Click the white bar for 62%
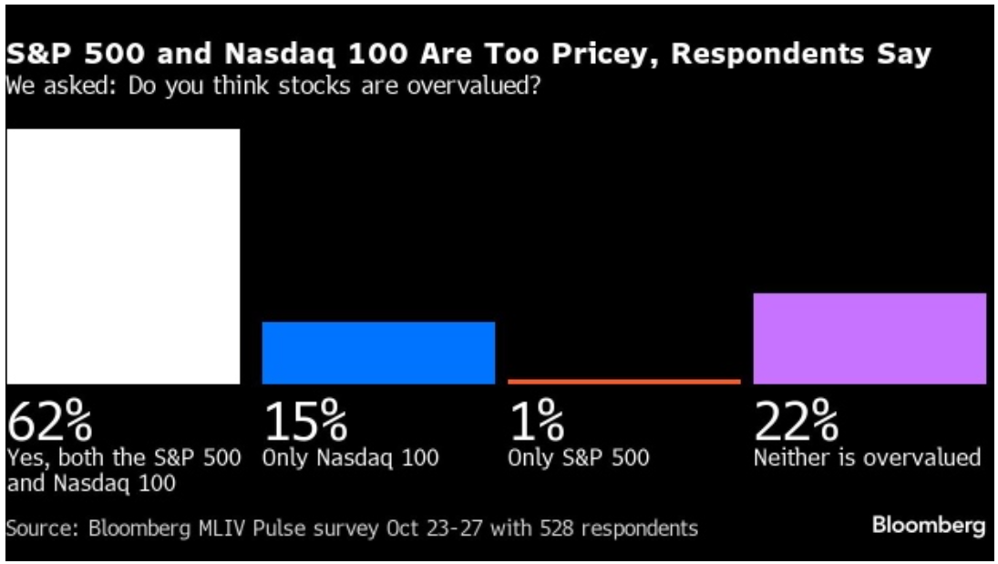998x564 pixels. [123, 256]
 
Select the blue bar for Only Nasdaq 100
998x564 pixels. [378, 353]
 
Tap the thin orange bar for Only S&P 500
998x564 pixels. [624, 381]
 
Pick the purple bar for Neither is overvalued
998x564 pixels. [869, 338]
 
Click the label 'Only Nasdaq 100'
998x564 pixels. [350, 458]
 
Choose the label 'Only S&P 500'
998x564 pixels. [579, 458]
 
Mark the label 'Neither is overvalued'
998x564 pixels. [867, 457]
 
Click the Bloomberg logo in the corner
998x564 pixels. [929, 526]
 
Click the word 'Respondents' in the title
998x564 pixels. [767, 56]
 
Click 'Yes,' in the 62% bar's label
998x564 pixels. [25, 458]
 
